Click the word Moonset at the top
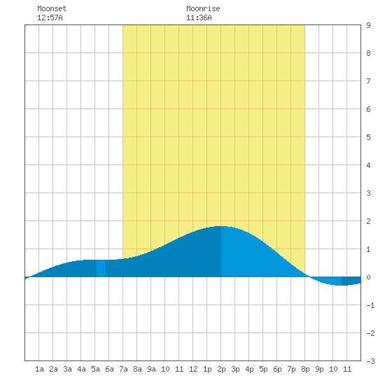(x=52, y=8)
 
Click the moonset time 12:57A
(x=50, y=17)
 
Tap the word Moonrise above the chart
(x=203, y=8)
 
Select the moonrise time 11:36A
(x=199, y=17)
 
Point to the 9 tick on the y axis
(x=368, y=25)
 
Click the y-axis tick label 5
(x=368, y=137)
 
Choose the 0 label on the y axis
(x=368, y=277)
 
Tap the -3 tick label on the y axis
(x=370, y=361)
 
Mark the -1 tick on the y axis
(x=370, y=305)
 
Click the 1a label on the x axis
(x=39, y=369)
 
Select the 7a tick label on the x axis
(x=123, y=369)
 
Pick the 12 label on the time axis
(x=193, y=369)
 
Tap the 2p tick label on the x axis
(x=221, y=369)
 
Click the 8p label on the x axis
(x=305, y=369)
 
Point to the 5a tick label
(x=95, y=369)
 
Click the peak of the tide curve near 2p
(x=220, y=226)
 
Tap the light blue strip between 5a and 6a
(x=101, y=268)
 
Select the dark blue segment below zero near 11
(x=351, y=281)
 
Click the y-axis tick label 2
(x=368, y=221)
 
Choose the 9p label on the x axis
(x=319, y=369)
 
